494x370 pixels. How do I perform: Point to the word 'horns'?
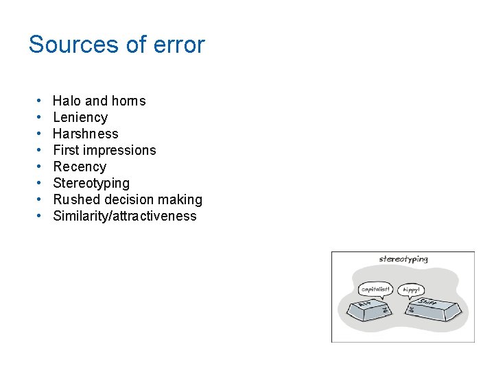(128, 101)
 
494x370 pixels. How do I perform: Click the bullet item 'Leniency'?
(80, 117)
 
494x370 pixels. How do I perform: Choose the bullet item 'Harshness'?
(86, 134)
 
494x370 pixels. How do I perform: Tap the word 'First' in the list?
(67, 150)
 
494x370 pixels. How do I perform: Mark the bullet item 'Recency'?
(80, 166)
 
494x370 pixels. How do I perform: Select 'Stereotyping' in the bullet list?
(91, 183)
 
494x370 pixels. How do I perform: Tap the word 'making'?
(180, 199)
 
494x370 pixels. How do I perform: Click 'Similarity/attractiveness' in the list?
(125, 216)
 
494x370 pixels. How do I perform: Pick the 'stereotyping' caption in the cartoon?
(403, 259)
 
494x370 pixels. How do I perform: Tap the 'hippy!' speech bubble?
(411, 290)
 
